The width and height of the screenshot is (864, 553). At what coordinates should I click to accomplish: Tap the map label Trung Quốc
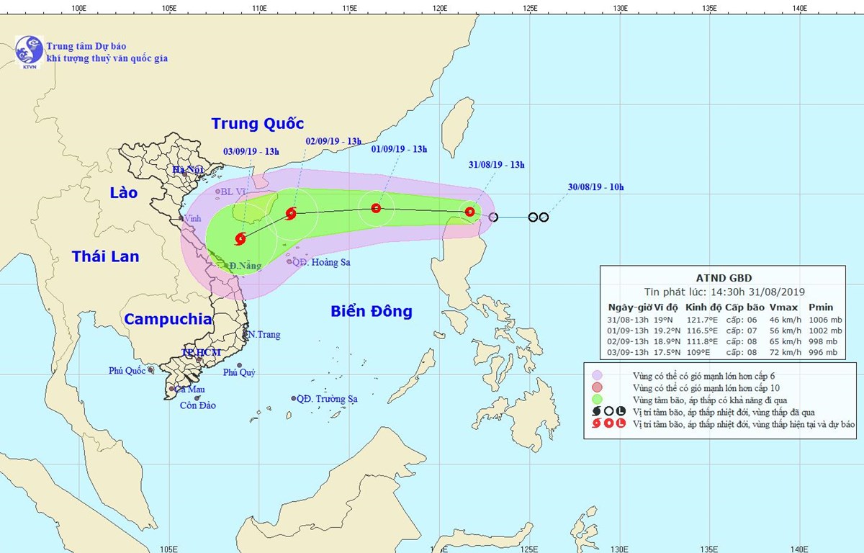pos(258,124)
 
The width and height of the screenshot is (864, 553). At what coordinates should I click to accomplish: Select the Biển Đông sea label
pos(372,311)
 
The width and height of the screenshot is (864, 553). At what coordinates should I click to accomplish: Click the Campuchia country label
pos(167,319)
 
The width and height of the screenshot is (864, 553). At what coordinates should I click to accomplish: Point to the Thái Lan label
pos(105,256)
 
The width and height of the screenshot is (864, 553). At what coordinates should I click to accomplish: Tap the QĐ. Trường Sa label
pos(327,398)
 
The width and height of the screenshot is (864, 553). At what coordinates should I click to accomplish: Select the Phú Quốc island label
pos(126,371)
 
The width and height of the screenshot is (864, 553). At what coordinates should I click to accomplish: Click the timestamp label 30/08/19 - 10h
pos(595,188)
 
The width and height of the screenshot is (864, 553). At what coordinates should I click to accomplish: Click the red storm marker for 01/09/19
pos(376,209)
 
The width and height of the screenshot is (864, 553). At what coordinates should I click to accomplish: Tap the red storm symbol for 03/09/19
pos(240,238)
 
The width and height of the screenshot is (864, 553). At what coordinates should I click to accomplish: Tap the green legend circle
pos(598,399)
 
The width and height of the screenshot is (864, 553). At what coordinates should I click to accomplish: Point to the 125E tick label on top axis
pos(530,9)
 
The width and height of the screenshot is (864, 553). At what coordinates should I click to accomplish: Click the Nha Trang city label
pos(263,335)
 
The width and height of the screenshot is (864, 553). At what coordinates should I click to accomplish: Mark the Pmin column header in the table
pos(820,306)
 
